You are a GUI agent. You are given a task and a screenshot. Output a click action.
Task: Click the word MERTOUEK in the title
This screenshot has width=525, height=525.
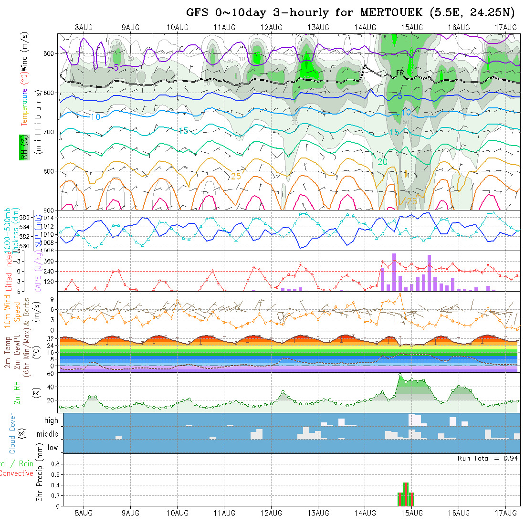pos(397,13)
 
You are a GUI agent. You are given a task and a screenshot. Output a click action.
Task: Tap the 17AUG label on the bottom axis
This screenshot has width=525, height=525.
pos(506,513)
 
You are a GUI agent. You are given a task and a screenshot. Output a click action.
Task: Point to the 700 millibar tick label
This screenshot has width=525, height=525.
pos(49,132)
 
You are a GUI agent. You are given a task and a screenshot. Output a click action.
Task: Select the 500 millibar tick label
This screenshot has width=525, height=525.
pos(49,53)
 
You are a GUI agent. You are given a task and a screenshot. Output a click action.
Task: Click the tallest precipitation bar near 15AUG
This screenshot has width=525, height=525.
pos(406,494)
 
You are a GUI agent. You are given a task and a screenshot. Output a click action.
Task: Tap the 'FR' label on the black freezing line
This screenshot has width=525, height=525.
pos(400,73)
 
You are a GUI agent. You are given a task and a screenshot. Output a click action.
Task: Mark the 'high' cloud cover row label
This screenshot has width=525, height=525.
pos(51,420)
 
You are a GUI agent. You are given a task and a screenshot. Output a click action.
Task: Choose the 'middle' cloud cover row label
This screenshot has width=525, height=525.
pos(48,434)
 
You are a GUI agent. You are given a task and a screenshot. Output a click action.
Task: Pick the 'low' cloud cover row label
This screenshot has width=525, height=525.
pos(52,448)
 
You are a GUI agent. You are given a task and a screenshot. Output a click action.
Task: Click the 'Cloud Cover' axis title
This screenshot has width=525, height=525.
pos(12,433)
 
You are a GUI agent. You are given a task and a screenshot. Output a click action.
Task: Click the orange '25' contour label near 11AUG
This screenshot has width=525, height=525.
pos(236,176)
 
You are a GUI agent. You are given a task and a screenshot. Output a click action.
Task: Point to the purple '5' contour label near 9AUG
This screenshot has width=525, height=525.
pos(116,67)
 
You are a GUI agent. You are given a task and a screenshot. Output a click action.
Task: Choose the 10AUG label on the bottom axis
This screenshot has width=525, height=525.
pos(177,513)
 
